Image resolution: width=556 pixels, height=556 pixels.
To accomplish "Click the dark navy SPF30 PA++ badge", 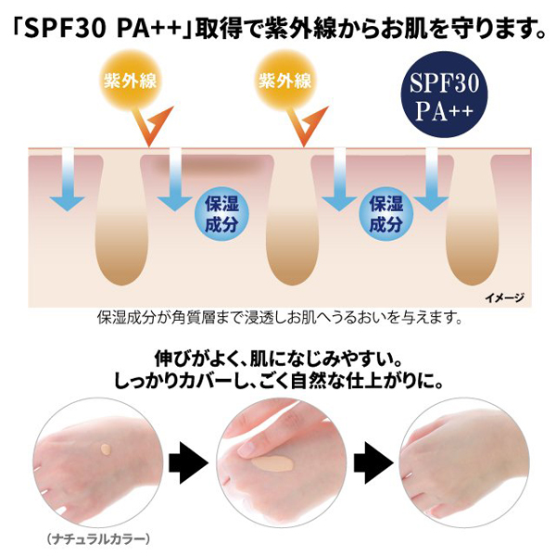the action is point(444,95).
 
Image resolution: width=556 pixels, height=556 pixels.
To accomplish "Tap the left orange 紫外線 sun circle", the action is point(130,80).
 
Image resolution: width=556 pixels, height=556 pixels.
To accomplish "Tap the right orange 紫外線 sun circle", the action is point(285,80).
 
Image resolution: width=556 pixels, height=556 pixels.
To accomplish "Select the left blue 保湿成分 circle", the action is point(222,214).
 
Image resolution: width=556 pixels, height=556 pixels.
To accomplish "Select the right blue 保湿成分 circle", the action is point(386,214).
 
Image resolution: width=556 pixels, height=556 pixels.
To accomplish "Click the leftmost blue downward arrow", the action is point(68,180).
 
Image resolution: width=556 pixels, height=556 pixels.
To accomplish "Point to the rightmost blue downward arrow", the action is point(431,180).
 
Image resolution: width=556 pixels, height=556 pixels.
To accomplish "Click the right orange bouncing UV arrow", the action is point(307,127).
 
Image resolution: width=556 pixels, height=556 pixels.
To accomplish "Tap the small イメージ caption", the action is point(504,297).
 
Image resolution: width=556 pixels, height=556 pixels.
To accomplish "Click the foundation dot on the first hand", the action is point(106,449).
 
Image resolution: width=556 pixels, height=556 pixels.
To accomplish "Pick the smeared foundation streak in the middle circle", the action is point(272,462).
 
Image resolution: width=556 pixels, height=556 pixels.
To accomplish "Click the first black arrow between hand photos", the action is point(188,462).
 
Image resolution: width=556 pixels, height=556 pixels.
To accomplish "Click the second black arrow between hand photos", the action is point(373,462).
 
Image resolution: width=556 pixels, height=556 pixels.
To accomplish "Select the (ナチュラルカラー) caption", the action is point(98,539).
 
